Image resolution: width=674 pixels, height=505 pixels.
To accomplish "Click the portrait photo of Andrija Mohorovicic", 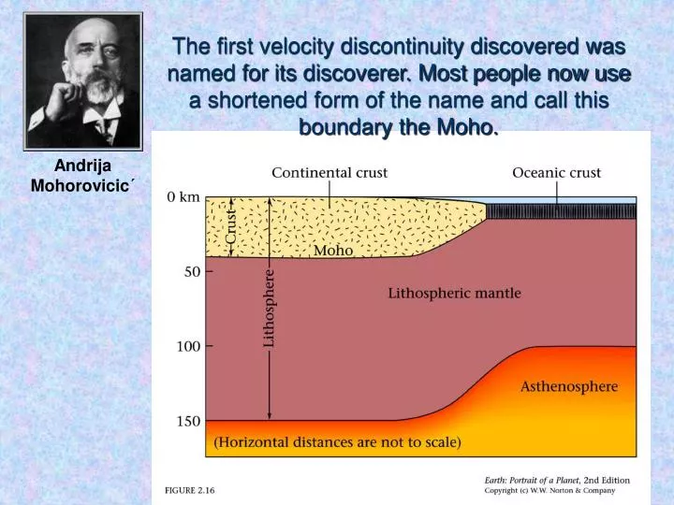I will click(x=83, y=82).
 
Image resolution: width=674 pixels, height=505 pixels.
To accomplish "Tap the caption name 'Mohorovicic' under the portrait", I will click(x=82, y=184).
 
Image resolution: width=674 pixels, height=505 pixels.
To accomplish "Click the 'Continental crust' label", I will click(x=330, y=173).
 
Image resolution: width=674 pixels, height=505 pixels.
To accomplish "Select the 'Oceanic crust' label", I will click(x=556, y=173).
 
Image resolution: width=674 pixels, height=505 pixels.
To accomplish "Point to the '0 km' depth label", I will click(x=183, y=197).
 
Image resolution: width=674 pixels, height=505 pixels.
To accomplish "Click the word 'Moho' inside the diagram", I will click(x=333, y=251).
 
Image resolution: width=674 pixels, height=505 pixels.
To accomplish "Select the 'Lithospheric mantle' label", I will click(x=454, y=294).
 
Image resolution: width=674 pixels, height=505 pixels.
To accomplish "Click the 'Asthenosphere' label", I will click(x=569, y=385).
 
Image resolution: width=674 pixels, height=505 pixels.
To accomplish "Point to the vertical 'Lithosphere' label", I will click(x=270, y=309).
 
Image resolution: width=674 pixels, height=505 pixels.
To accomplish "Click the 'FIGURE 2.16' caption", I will click(x=190, y=490).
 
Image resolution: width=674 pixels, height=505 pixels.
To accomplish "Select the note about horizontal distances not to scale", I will click(x=337, y=442).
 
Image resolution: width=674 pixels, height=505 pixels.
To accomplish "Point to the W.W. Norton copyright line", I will click(x=549, y=491).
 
